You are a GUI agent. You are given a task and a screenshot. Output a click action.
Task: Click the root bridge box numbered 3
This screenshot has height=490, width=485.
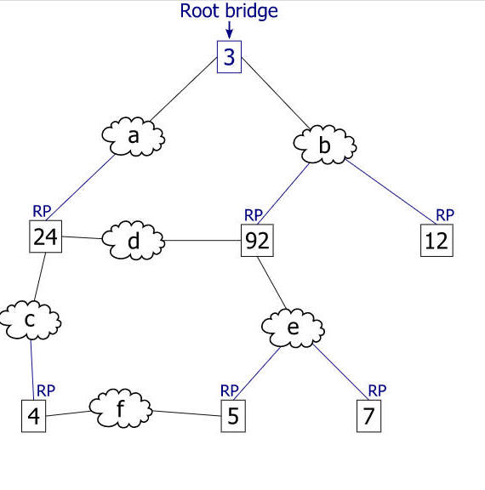229,57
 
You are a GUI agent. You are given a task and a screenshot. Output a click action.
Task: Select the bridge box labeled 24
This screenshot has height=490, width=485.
46,236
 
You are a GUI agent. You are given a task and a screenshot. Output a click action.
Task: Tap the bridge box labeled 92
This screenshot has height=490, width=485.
257,240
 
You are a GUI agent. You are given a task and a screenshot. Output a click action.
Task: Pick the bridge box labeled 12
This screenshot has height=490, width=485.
436,240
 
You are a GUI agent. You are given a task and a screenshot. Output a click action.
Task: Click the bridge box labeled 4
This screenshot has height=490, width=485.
33,416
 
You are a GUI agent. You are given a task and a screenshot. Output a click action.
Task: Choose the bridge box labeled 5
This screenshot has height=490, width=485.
233,416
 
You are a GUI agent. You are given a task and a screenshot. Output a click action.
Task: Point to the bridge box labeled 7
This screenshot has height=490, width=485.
368,416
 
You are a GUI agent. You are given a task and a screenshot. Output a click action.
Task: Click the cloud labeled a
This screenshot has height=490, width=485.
133,137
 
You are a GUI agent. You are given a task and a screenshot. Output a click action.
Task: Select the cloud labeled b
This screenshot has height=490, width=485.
325,145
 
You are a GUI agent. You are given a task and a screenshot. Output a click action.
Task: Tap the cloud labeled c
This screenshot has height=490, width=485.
30,321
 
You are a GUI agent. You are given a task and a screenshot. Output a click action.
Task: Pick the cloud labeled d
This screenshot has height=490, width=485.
133,240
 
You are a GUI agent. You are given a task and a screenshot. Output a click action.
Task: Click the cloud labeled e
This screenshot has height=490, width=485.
293,328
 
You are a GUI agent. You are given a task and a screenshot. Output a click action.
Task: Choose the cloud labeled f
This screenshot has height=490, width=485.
121,408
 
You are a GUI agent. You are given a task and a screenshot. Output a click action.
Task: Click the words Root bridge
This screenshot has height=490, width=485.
229,11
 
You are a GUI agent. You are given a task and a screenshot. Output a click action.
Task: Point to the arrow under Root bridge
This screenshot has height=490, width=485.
230,30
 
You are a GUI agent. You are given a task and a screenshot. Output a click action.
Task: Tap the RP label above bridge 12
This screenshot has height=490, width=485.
445,215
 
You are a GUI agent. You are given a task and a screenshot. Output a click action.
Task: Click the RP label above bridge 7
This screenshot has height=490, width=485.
377,390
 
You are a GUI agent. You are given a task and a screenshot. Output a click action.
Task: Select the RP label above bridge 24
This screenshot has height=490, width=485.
42,211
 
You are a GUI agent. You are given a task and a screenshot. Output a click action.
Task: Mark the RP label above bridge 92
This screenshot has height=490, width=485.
254,215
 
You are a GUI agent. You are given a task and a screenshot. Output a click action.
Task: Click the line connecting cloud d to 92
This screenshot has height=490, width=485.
203,241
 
